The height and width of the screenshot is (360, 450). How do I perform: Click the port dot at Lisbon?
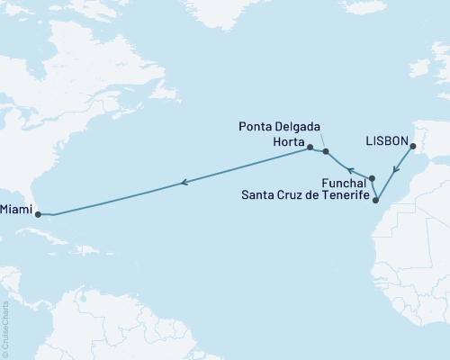[412, 147]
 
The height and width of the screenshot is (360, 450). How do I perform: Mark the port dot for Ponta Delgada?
[326, 152]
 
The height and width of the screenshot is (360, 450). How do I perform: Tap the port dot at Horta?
[310, 147]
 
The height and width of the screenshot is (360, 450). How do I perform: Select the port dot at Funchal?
[372, 178]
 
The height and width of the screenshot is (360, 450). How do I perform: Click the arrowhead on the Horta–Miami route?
[184, 183]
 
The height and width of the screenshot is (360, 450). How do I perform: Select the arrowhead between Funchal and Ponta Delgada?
[348, 170]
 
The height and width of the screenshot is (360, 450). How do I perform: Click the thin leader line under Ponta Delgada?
[322, 142]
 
